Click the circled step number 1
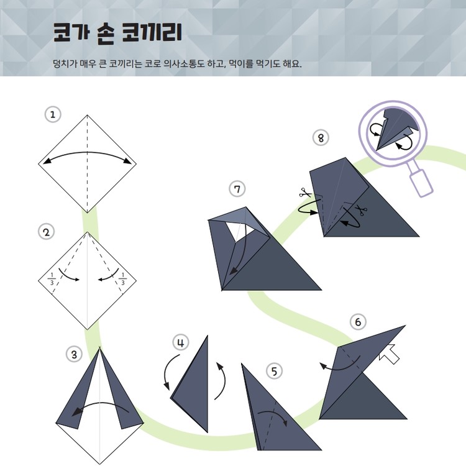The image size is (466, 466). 53,114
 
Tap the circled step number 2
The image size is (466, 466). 47,232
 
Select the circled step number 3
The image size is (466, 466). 74,354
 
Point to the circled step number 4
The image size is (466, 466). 181,342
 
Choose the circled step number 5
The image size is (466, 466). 274,371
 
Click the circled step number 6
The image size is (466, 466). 358,322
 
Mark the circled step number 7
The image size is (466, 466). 237,189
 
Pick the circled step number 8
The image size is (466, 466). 321,137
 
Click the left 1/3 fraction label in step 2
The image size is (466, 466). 52,279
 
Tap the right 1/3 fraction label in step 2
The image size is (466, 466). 123,279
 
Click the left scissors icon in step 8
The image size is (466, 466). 304,193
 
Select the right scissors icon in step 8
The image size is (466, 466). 362,210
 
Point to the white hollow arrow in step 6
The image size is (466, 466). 389,354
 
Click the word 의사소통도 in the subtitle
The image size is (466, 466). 184,63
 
